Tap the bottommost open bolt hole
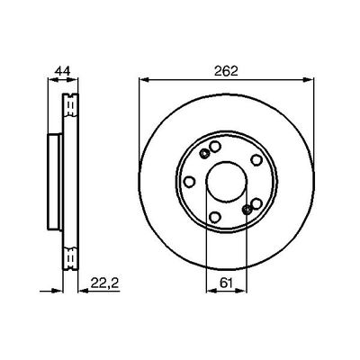pyautogui.click(x=216, y=215)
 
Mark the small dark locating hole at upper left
pyautogui.click(x=204, y=155)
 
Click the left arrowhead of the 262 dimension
pyautogui.click(x=142, y=82)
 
